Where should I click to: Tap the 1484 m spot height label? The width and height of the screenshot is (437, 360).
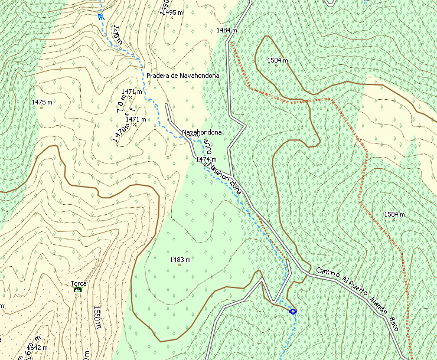[x=227, y=30]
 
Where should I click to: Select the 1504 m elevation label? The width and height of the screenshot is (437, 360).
[x=277, y=60]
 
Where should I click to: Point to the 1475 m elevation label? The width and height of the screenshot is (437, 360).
[x=42, y=103]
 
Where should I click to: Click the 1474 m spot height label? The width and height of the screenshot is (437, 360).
[x=206, y=159]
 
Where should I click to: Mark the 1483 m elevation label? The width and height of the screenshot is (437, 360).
[x=180, y=260]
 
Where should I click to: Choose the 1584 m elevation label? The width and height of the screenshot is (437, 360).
[x=394, y=214]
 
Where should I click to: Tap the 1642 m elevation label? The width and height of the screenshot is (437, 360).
[x=37, y=348]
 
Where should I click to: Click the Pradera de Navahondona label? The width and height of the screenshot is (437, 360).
[x=183, y=76]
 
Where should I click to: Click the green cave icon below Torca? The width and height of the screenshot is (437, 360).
[x=77, y=290]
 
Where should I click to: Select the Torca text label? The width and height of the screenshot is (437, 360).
[x=79, y=283]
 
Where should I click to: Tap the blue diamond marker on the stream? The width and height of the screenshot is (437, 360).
[x=293, y=311]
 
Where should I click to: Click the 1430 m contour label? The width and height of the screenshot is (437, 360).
[x=116, y=35]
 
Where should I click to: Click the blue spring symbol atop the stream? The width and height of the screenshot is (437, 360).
[x=101, y=17]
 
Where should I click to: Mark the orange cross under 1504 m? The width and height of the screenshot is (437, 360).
[x=276, y=66]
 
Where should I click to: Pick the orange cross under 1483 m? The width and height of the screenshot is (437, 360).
[x=180, y=265]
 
